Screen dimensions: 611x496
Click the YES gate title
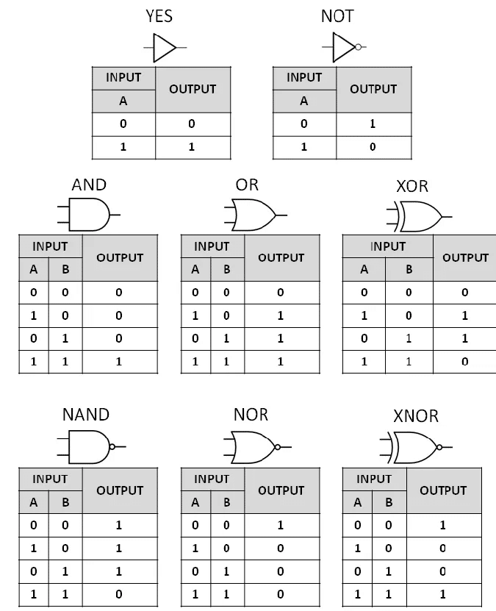[160, 16]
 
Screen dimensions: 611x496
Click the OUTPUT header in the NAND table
[120, 490]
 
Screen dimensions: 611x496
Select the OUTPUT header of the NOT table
[373, 89]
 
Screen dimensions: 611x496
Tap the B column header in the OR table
[226, 269]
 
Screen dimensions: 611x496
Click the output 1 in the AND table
[120, 362]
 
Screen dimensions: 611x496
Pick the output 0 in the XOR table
[464, 362]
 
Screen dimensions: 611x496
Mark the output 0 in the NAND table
[120, 594]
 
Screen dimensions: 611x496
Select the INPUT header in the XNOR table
[373, 479]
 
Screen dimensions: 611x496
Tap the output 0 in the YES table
[192, 124]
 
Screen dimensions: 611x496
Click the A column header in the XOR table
[364, 269]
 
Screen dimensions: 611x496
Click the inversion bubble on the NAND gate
[112, 447]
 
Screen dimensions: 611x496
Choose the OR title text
[247, 185]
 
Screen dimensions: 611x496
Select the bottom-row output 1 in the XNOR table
[443, 594]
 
